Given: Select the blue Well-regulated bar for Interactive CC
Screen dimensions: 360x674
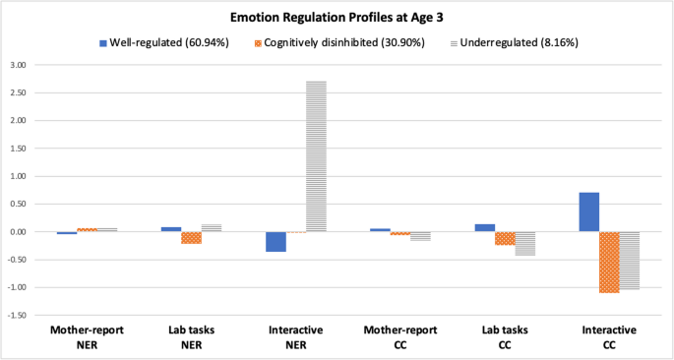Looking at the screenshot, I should [588, 211].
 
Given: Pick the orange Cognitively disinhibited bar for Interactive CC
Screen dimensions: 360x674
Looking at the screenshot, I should [609, 262].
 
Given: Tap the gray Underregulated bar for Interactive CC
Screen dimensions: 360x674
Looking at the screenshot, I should [630, 261].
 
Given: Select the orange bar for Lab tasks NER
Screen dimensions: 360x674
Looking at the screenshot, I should [191, 238].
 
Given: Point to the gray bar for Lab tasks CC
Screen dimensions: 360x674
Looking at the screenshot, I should [525, 244].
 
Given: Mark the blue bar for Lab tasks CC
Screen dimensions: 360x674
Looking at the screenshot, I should [484, 227].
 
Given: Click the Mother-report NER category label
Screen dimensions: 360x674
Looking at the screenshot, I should [87, 336].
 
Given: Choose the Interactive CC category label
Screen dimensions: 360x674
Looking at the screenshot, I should [609, 336].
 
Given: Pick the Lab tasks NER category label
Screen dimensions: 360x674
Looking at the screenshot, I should [191, 336].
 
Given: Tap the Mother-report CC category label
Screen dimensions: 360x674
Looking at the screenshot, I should [400, 336].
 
